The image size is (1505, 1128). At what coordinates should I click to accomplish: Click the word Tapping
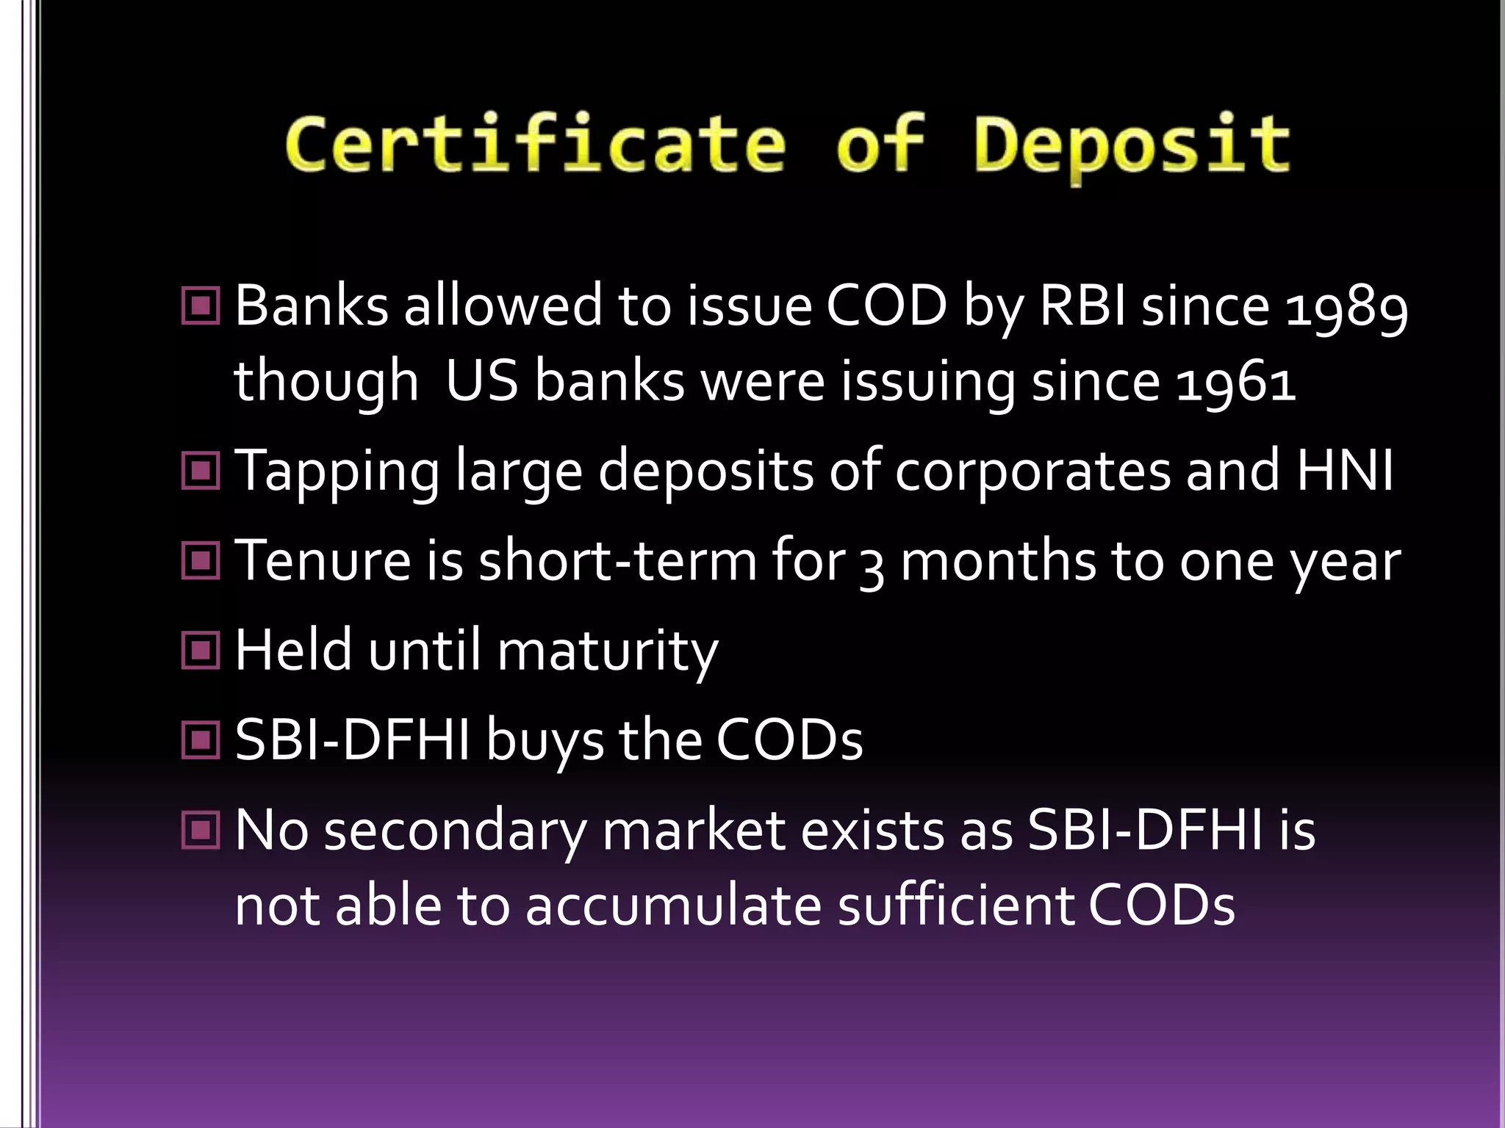click(x=337, y=472)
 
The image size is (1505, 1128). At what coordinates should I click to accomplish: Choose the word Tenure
click(x=323, y=560)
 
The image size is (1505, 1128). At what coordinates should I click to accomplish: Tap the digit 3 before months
click(x=871, y=564)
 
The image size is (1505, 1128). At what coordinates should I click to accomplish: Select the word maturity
click(x=607, y=651)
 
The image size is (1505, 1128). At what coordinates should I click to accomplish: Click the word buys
click(x=544, y=741)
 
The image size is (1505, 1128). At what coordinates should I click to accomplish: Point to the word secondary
click(x=456, y=833)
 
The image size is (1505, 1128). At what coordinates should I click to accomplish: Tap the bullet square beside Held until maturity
click(x=200, y=651)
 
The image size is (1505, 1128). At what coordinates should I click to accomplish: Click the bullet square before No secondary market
click(x=200, y=831)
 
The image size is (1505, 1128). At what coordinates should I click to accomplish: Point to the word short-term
click(x=617, y=560)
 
